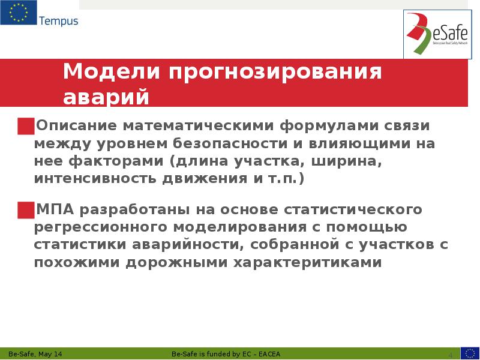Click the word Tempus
point(58,21)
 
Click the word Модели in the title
point(110,72)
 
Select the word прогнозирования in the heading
point(275,73)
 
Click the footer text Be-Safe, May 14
point(35,354)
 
